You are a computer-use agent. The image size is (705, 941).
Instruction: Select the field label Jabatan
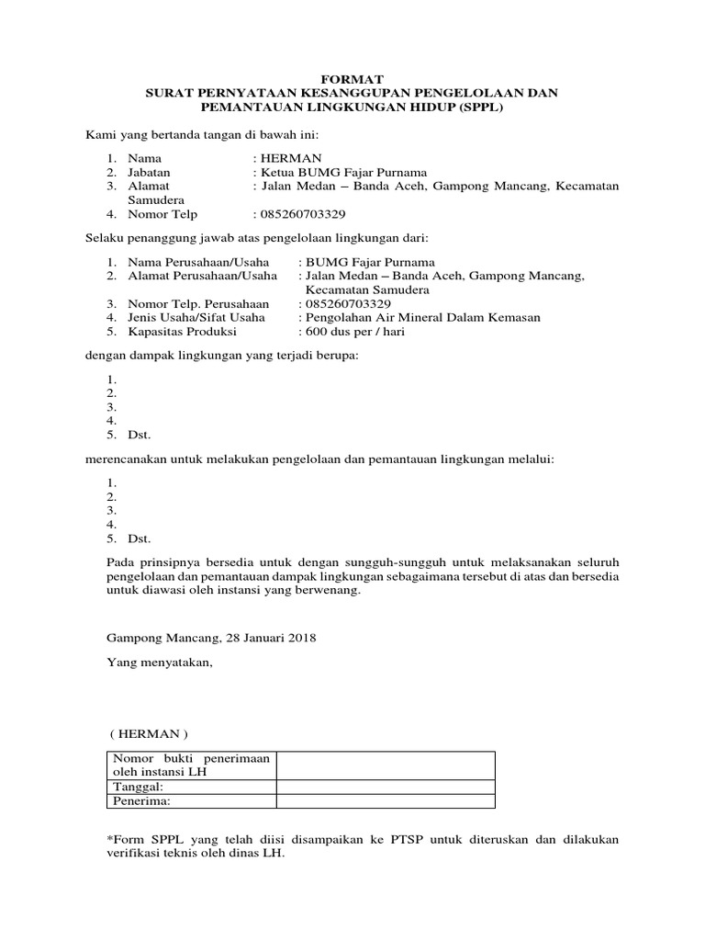[x=149, y=172]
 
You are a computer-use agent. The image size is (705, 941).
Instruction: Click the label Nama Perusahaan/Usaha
[x=198, y=262]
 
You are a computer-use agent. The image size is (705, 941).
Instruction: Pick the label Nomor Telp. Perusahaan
[x=198, y=303]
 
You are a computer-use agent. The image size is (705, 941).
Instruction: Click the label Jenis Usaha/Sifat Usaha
[x=196, y=317]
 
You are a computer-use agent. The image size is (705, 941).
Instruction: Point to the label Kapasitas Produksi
[x=183, y=331]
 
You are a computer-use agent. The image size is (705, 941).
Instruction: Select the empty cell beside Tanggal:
[x=386, y=787]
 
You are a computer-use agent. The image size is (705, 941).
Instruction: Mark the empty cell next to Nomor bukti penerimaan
[x=386, y=765]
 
